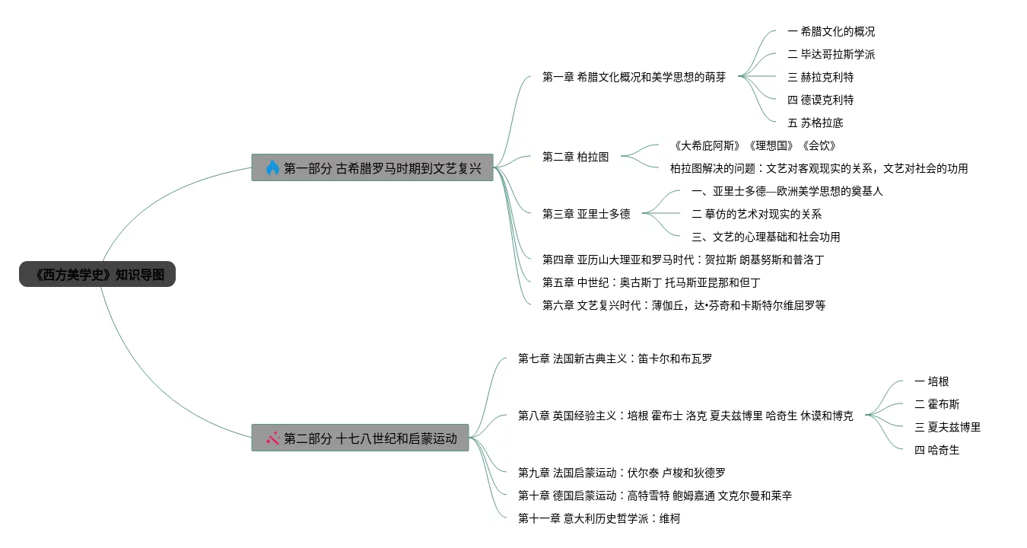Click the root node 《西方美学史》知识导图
coord(97,275)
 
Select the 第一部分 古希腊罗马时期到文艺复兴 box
coord(373,167)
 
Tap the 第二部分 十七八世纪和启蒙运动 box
coord(361,438)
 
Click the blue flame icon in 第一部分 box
coord(272,167)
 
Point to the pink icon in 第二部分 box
coord(272,438)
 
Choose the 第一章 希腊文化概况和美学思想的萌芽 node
coord(634,77)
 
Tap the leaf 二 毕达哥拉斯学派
coord(831,54)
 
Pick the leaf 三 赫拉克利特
coord(820,77)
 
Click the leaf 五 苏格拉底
coord(815,123)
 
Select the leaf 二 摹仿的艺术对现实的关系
coord(756,214)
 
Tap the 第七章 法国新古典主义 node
coord(615,358)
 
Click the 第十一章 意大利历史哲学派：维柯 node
coord(599,518)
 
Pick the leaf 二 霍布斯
coord(936,404)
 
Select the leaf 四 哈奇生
coord(936,450)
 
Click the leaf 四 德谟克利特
coord(820,100)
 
